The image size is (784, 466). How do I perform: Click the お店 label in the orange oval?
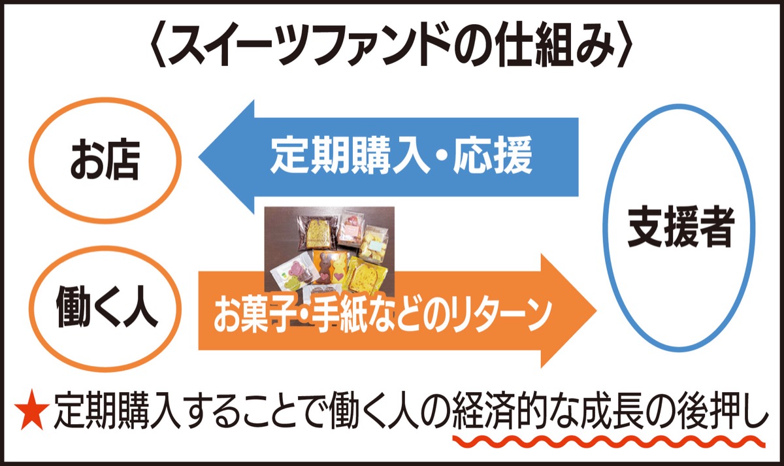pyautogui.click(x=105, y=161)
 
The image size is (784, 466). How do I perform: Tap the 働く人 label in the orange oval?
pyautogui.click(x=106, y=307)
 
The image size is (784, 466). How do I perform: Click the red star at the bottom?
pyautogui.click(x=31, y=412)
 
